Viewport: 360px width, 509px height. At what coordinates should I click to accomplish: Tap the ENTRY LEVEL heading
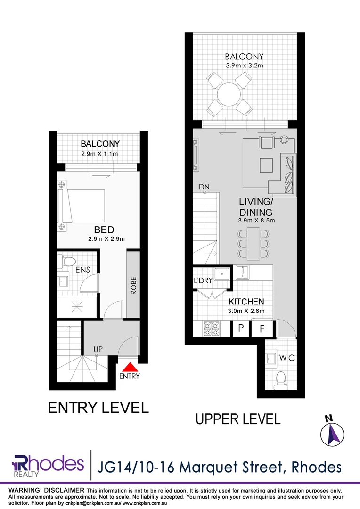point(98,407)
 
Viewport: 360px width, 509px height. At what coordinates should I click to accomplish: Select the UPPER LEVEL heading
point(238,418)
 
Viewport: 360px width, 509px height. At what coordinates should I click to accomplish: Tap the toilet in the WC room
point(281,378)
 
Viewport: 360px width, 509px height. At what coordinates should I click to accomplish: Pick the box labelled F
point(262,328)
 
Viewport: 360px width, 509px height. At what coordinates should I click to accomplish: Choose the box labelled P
point(240,328)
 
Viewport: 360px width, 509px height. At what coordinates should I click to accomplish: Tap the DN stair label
point(204,187)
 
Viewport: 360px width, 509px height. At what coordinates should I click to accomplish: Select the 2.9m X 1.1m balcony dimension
point(99,154)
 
